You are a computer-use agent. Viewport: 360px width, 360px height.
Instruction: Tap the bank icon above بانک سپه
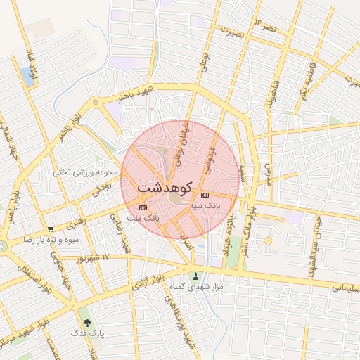205,195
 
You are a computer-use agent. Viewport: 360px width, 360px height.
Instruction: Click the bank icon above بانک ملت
143,207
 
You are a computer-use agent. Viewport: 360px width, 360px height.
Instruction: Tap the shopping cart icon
50,229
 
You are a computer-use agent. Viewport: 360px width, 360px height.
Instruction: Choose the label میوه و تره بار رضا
56,240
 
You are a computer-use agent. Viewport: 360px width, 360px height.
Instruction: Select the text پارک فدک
87,335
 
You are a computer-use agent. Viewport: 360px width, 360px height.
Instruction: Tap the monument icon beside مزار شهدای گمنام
195,276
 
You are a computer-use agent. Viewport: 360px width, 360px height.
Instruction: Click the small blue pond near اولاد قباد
28,75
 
